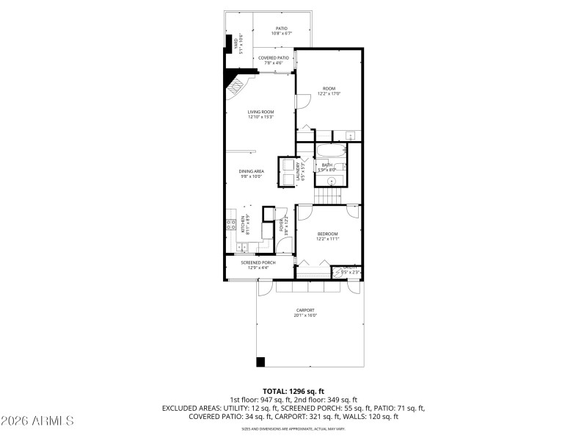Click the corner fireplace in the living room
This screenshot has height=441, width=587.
[x=236, y=87]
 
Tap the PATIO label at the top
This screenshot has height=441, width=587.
[x=282, y=29]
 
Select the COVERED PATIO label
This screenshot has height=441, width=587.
[x=273, y=57]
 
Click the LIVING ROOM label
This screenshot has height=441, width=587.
[x=260, y=112]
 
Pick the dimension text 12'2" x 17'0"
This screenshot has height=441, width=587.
[x=329, y=94]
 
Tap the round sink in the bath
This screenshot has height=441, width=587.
[x=320, y=177]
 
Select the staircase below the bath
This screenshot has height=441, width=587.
[x=329, y=196]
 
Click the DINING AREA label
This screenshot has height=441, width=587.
[x=251, y=171]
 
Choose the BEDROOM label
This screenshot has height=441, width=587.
[x=327, y=234]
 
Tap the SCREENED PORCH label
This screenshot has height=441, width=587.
[x=258, y=262]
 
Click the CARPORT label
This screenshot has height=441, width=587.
[x=305, y=310]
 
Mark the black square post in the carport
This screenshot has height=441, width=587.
[x=260, y=361]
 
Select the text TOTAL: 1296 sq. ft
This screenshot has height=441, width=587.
[x=293, y=391]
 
